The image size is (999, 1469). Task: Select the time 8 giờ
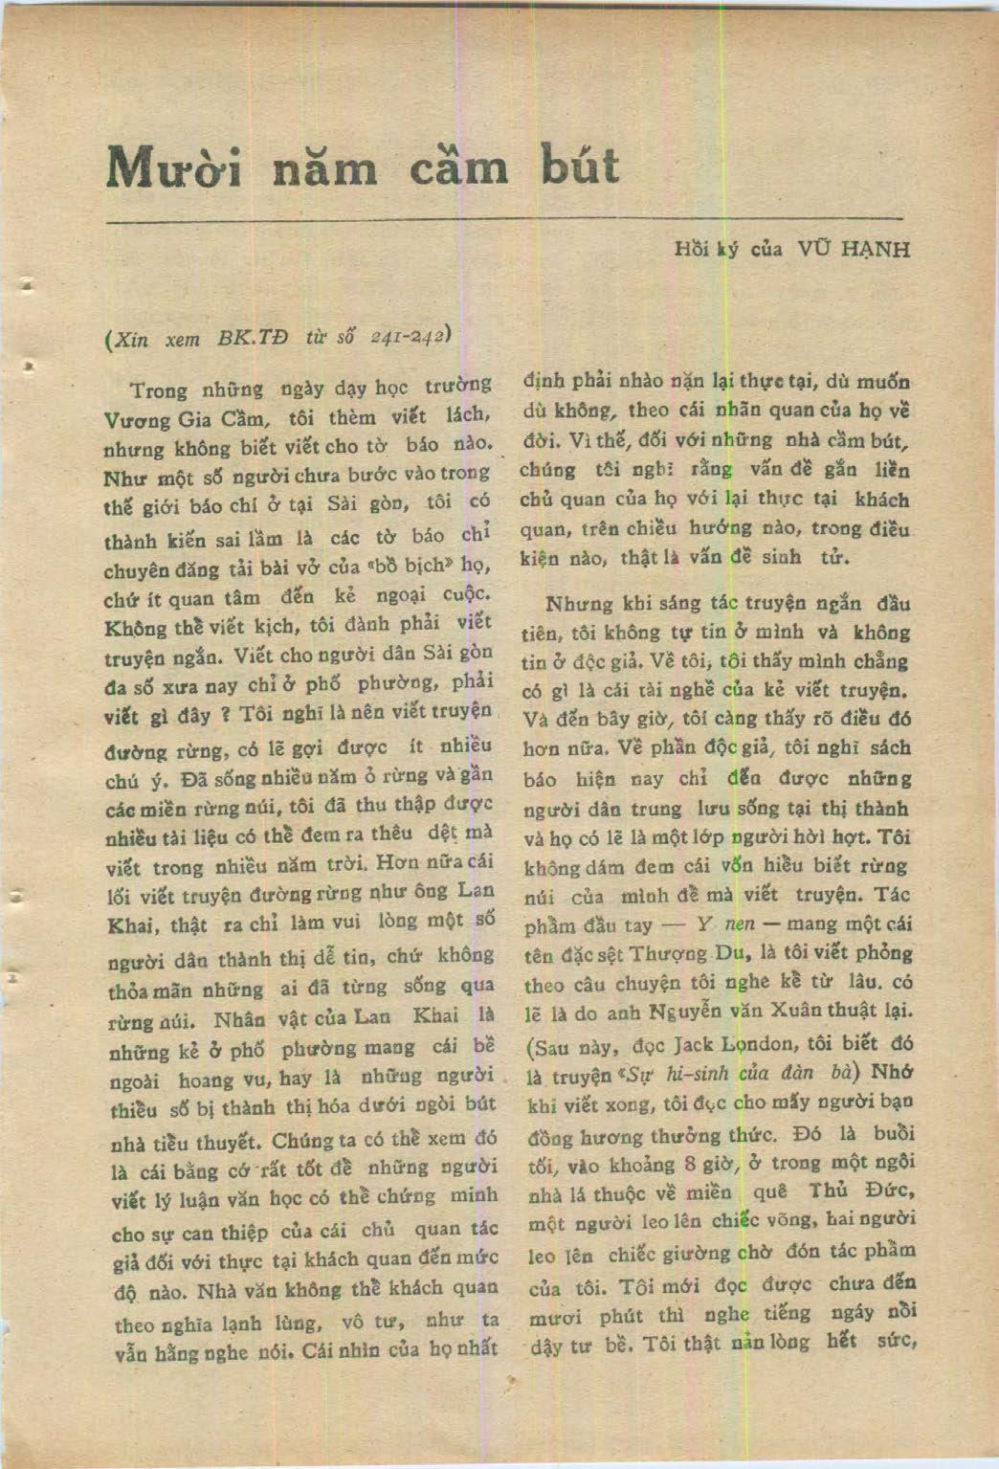point(708,1163)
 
